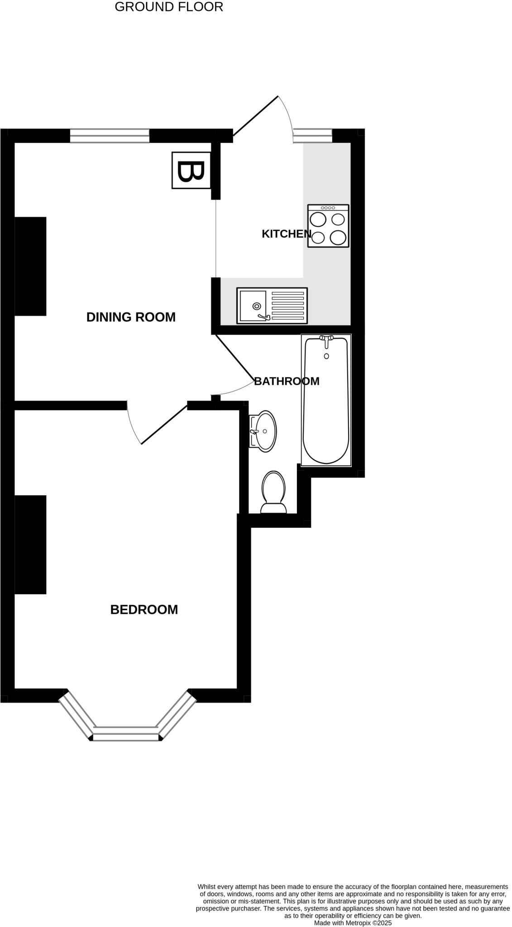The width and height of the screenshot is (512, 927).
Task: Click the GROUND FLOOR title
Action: pos(169,7)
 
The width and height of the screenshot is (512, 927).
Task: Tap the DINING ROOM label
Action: pos(131,317)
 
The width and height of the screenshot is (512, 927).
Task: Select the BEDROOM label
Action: pos(144,609)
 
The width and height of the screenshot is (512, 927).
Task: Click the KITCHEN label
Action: pos(287,234)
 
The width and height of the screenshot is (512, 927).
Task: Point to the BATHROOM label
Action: pos(287,381)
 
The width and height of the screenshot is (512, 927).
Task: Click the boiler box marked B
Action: pos(191,170)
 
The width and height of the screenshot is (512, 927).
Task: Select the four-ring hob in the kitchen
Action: pos(328,226)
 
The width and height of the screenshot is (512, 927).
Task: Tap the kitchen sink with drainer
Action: pos(272,306)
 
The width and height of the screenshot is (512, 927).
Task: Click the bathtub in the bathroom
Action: pos(326,400)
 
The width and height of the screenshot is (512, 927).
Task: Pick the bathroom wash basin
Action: pos(263,431)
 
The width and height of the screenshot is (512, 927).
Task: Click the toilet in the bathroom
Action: pos(273,492)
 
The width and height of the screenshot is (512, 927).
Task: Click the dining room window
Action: pos(110,136)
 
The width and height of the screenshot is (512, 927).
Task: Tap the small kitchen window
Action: pos(313,136)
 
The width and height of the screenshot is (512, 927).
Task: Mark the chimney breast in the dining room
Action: pos(30,266)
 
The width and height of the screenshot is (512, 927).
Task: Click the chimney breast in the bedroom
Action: pos(30,545)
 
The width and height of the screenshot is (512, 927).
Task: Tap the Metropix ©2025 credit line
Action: pos(353,922)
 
